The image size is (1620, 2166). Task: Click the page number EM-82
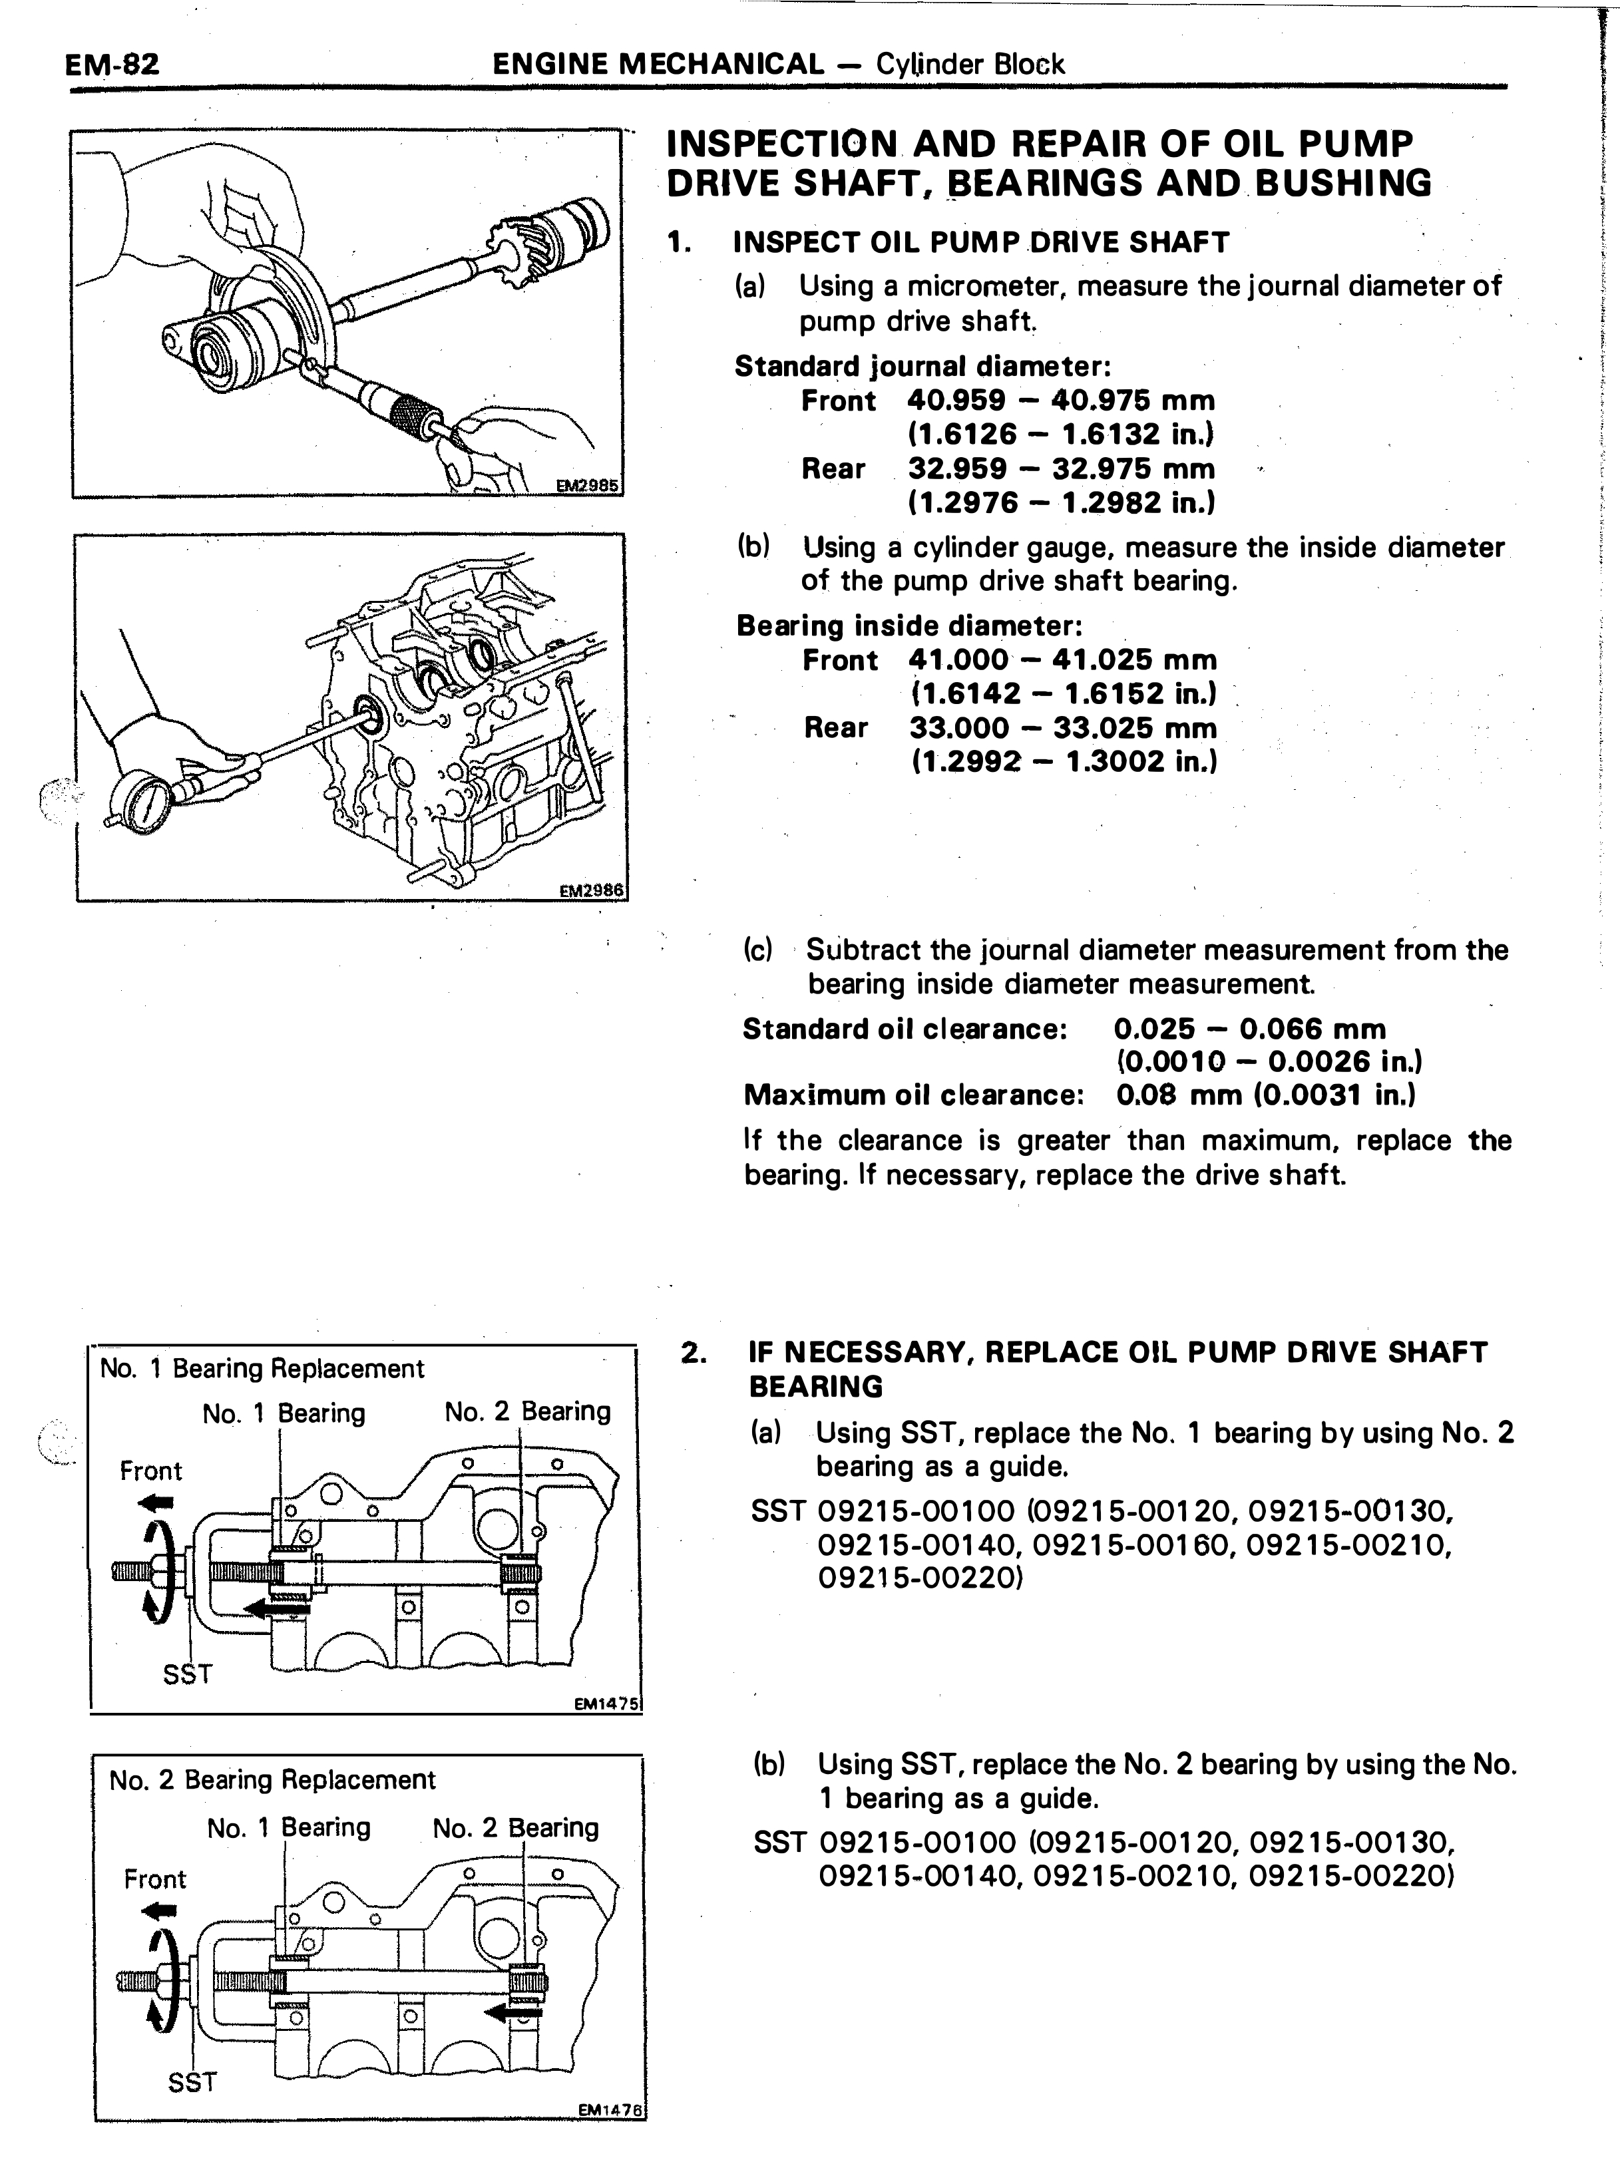click(110, 65)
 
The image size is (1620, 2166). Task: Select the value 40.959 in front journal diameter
click(956, 401)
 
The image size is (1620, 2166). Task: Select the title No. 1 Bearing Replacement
click(262, 1369)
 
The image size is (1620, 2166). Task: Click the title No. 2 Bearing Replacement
click(272, 1779)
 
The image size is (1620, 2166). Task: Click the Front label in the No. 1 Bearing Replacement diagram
click(151, 1471)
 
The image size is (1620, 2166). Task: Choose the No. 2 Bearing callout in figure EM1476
click(515, 1828)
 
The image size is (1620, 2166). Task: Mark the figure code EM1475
click(606, 1705)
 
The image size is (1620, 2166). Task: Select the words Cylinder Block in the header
click(970, 65)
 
